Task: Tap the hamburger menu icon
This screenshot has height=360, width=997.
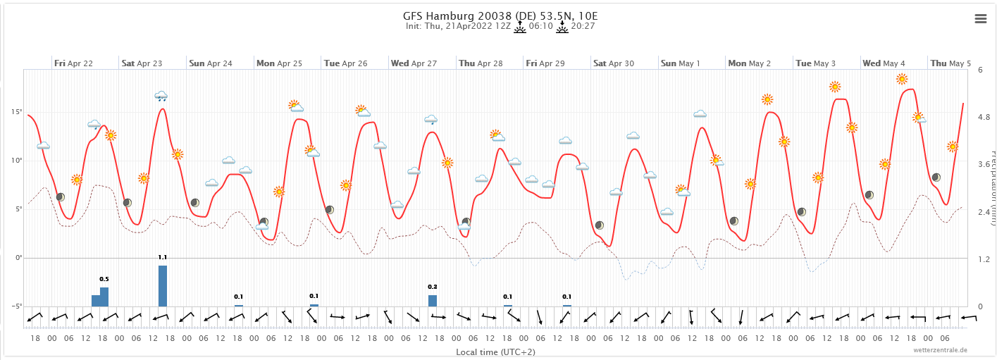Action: tap(981, 19)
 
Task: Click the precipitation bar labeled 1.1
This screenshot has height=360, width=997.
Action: tap(163, 286)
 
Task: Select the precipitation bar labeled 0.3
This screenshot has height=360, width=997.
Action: tap(433, 301)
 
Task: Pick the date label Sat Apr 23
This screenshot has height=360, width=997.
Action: tap(142, 63)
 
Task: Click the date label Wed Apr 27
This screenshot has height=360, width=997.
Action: tap(414, 63)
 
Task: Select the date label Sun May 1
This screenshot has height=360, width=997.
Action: tap(680, 63)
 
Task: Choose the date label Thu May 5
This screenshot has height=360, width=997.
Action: tap(950, 63)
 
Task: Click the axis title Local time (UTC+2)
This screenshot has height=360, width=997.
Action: tap(495, 352)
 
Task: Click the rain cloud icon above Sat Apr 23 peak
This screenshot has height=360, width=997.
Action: tap(161, 96)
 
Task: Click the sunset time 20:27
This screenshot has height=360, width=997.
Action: tap(583, 27)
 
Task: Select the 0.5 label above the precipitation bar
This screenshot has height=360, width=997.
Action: tap(104, 279)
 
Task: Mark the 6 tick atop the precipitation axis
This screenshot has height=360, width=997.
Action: tap(980, 69)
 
